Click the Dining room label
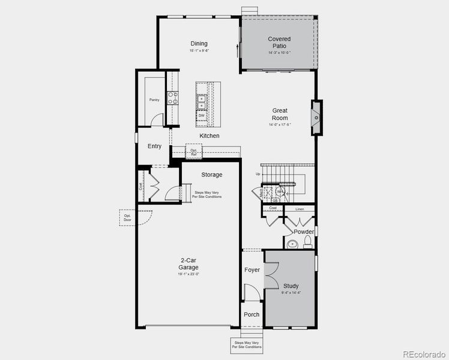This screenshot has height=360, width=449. click(x=199, y=43)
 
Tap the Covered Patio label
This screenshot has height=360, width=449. click(x=279, y=43)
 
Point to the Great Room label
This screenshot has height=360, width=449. click(x=280, y=114)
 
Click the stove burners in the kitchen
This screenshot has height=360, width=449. click(x=172, y=97)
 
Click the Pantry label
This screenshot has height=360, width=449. click(x=154, y=100)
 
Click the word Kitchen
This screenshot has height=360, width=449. click(x=209, y=136)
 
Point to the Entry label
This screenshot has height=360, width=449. click(x=154, y=146)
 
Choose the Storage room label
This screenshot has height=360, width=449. click(x=211, y=175)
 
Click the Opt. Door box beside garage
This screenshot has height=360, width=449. click(x=127, y=217)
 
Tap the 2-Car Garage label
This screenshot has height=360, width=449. click(x=188, y=263)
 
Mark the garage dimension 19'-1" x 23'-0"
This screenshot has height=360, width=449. click(x=188, y=274)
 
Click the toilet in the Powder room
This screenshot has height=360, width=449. click(x=308, y=242)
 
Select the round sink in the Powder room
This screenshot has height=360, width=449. click(x=292, y=244)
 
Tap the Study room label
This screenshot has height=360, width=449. click(x=291, y=286)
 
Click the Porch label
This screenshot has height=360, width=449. click(x=252, y=314)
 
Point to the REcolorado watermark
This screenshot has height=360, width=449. click(x=424, y=353)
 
